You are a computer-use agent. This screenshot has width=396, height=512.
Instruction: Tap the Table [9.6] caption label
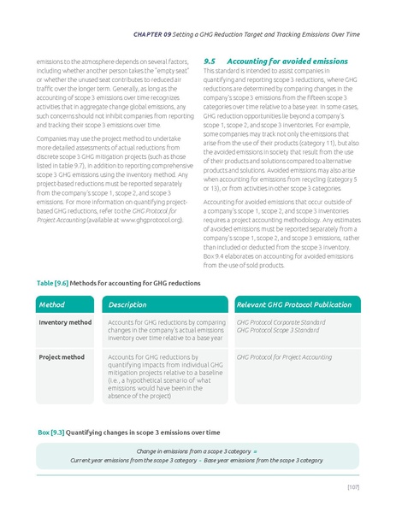(50, 281)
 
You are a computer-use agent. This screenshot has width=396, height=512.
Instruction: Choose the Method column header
(53, 304)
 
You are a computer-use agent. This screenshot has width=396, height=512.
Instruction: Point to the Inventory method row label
(65, 322)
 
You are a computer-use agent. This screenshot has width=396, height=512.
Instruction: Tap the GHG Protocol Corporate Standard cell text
(280, 322)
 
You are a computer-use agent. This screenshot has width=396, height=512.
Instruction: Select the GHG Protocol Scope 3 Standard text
(276, 330)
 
